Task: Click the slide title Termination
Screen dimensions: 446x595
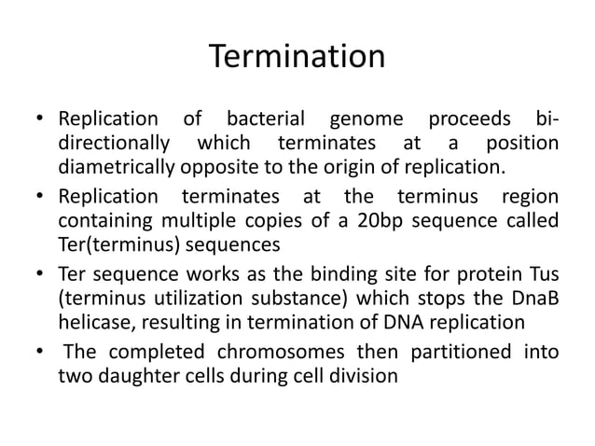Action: (x=297, y=57)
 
